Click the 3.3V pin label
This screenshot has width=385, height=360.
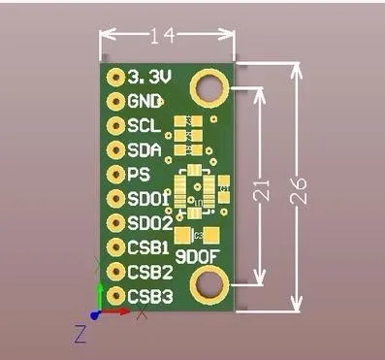coord(146,76)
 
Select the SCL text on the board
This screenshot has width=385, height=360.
coord(144,125)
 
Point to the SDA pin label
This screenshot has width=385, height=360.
coord(144,149)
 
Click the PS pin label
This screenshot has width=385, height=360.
coord(139,175)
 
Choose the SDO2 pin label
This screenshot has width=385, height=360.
coord(149,223)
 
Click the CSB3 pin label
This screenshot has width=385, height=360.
coord(149,295)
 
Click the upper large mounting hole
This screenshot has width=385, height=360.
coord(208,88)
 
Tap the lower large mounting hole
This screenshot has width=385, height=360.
coord(208,284)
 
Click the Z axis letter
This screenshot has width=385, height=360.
coord(80,335)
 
